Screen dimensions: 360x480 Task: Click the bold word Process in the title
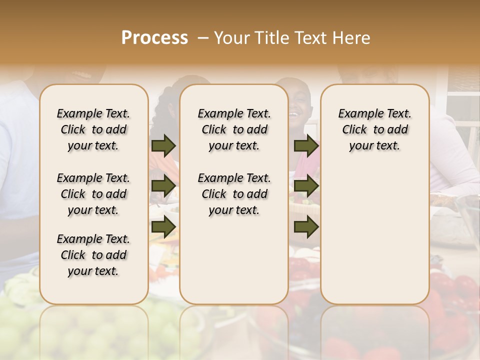154,38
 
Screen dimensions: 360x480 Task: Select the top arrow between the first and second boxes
163,145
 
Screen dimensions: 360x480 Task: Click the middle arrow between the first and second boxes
163,186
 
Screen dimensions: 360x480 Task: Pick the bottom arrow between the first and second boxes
163,227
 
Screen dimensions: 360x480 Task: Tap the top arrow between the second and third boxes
306,145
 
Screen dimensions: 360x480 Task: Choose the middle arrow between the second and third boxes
306,186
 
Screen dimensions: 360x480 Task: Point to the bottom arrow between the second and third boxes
306,227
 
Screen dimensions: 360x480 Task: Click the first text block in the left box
93,129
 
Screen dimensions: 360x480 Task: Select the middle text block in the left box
93,194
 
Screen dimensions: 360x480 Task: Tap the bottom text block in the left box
93,255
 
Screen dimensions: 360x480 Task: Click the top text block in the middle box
234,129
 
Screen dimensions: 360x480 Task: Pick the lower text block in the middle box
234,194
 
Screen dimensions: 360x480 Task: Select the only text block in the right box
374,129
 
